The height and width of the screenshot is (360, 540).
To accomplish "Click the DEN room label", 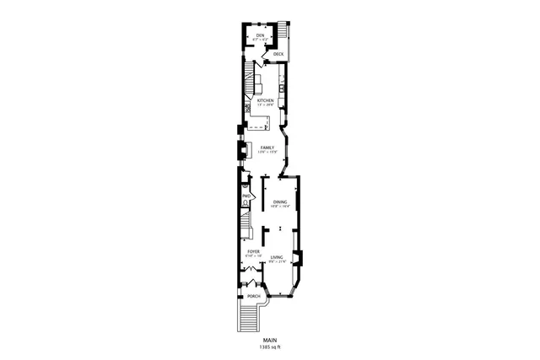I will [x=261, y=35].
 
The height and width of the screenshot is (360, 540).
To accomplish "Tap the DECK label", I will [x=278, y=53].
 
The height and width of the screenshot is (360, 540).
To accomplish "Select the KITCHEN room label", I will [x=266, y=100].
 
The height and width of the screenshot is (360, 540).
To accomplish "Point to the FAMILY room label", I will [x=267, y=148].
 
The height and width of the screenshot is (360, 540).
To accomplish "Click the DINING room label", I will [x=280, y=201].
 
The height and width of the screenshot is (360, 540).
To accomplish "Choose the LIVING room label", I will [x=277, y=257].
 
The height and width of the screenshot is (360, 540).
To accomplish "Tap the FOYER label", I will [x=252, y=251].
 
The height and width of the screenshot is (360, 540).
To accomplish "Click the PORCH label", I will [x=253, y=296].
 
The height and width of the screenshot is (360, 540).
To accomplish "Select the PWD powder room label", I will [x=246, y=196].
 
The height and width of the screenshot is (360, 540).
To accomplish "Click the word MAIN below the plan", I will [x=270, y=341].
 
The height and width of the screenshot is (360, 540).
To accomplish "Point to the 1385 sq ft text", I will [x=270, y=347].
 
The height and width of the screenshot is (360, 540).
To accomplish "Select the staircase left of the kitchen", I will [x=249, y=85].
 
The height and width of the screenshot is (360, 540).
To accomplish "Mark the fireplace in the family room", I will [x=240, y=151].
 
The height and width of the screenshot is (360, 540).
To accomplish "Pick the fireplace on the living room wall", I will [x=297, y=259].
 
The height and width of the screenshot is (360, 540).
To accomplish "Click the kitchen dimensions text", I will [x=266, y=105].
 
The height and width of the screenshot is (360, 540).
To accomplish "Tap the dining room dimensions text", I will [x=280, y=207].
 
